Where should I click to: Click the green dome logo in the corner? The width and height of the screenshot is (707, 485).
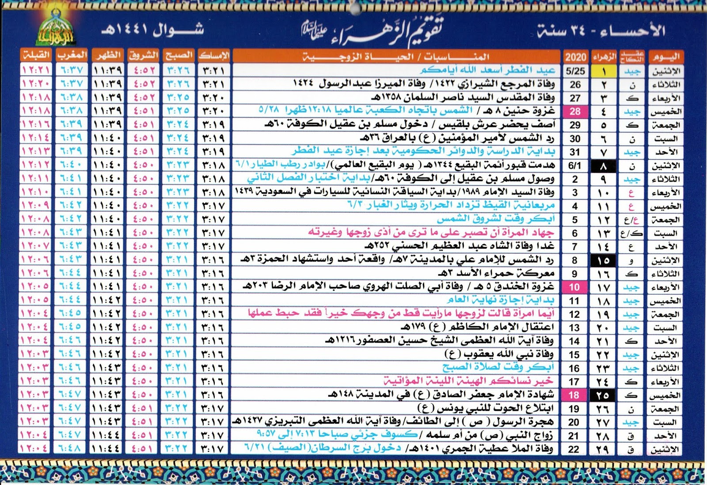coord(56,29)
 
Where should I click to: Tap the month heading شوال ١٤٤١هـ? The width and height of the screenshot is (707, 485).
coord(152,30)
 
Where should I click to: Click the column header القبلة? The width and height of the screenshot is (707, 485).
coord(36,56)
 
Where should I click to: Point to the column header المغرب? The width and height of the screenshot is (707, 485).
coord(72,56)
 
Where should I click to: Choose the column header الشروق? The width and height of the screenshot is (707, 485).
coord(143,56)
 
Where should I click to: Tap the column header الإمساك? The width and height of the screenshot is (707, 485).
coord(214,56)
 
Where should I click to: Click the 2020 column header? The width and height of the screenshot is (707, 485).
coord(575,57)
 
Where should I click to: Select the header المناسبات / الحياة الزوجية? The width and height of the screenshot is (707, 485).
coord(395,56)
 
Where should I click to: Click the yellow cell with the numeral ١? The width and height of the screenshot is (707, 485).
coord(604,71)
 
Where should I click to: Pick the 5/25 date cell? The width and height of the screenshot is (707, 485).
coord(575,71)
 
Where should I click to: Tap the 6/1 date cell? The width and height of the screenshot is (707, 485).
coord(575,166)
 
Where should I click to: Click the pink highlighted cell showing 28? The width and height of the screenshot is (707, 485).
coord(575,112)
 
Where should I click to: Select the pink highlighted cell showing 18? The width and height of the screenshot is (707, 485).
coord(574,395)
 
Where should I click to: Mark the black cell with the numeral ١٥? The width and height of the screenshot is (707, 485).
coord(603,260)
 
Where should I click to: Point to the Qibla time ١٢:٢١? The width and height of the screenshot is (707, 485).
coord(36,70)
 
